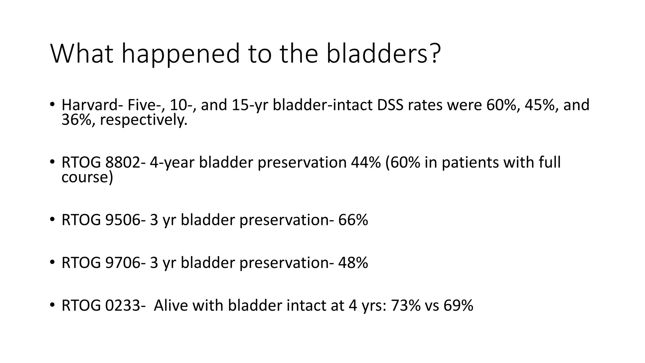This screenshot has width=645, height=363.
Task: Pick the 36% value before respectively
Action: [x=78, y=120]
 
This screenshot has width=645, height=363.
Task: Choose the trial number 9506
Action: [x=123, y=220]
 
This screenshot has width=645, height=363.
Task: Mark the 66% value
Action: [x=353, y=220]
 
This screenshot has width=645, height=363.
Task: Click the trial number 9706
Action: [x=123, y=263]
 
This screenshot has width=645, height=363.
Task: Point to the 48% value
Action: [x=353, y=263]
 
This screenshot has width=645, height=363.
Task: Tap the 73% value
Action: [x=406, y=306]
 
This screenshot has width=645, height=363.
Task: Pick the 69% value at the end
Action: [x=458, y=306]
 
